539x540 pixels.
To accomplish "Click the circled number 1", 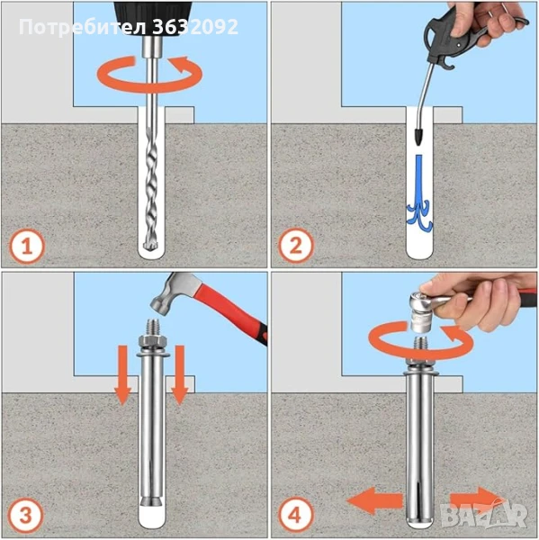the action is click(27, 247).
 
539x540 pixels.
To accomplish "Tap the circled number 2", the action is click(296, 246).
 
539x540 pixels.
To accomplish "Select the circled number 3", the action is click(26, 516).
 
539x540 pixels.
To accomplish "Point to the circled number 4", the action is click(296, 516).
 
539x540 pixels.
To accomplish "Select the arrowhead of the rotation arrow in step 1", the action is click(182, 65).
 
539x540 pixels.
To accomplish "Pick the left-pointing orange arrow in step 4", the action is click(374, 500).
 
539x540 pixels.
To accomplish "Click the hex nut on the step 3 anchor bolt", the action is click(153, 342).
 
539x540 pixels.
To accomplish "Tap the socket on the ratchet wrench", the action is click(423, 319).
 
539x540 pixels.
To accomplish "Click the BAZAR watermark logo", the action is click(484, 515).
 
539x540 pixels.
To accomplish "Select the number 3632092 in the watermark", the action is click(194, 27).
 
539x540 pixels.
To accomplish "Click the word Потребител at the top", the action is click(83, 27).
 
